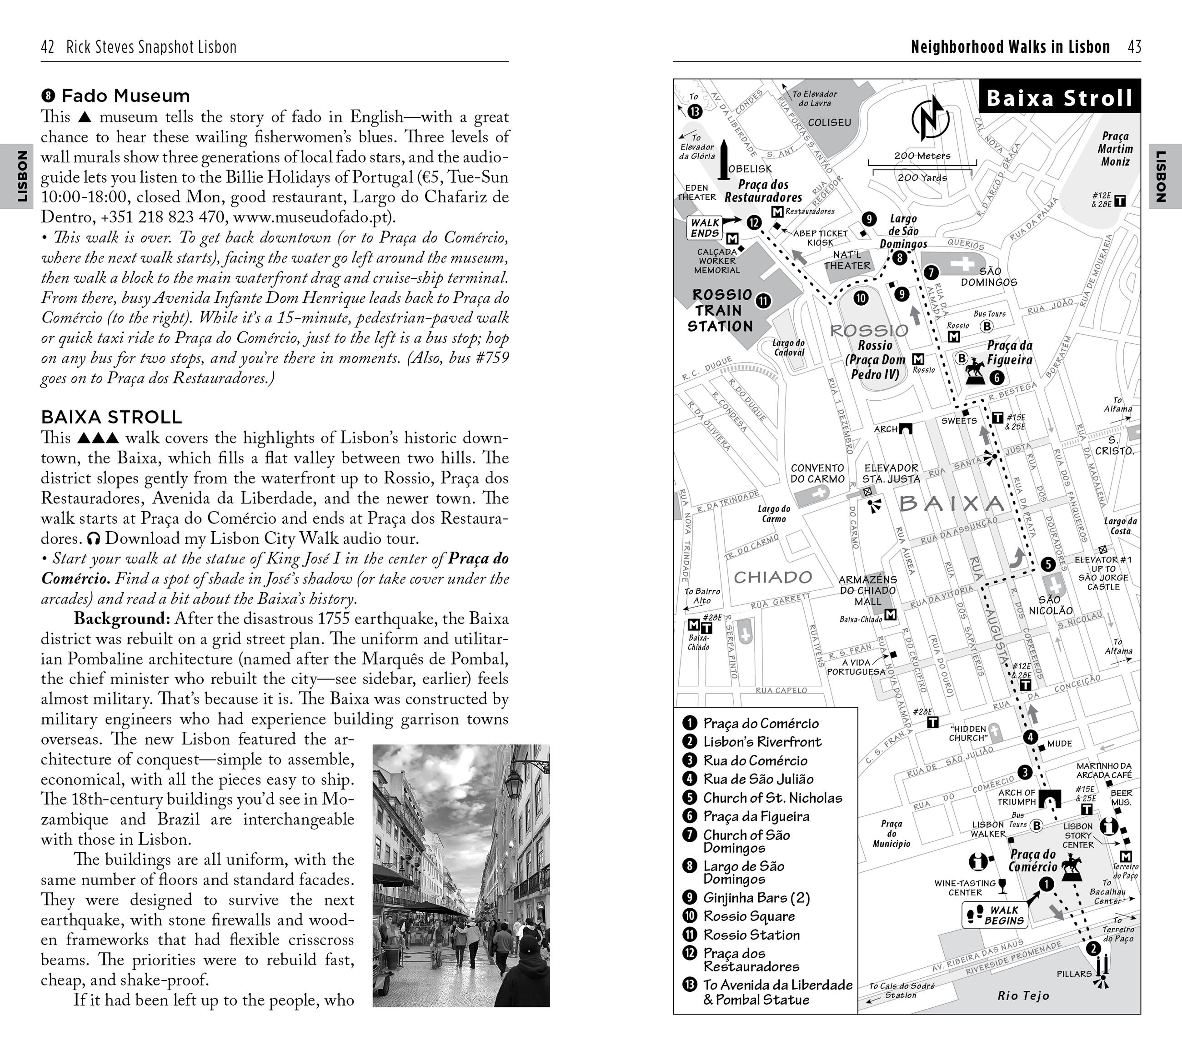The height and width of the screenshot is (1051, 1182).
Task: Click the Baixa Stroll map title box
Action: (1059, 98)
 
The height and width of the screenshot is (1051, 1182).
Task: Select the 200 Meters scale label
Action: (922, 156)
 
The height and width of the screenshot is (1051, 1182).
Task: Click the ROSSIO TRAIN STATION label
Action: (721, 311)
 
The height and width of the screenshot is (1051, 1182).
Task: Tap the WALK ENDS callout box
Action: (705, 228)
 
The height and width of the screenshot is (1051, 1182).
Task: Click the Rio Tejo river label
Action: (1023, 996)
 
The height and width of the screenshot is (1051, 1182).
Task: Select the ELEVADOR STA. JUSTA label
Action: (891, 473)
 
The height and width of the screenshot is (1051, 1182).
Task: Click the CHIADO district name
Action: (772, 577)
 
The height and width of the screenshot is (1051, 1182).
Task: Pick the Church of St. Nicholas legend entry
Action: (772, 798)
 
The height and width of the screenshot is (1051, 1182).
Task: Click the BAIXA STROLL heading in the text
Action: (111, 417)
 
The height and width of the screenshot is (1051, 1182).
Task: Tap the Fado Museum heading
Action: (125, 96)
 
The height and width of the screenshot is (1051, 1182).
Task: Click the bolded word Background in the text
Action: (121, 619)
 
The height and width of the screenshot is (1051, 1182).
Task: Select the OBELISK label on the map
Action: (750, 169)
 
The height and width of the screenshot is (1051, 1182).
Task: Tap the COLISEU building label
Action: (829, 123)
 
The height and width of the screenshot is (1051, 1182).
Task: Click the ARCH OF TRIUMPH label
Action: (1017, 797)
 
